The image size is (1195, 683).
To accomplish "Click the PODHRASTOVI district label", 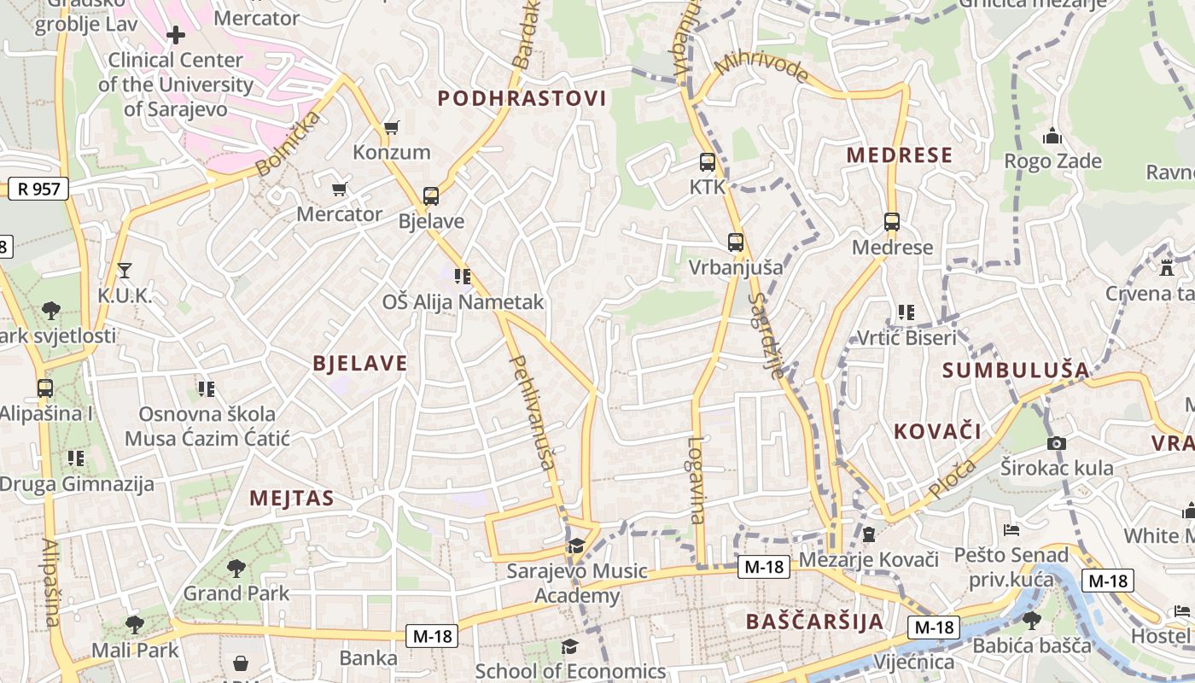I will [522, 98].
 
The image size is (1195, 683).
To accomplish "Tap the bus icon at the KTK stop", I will [707, 162].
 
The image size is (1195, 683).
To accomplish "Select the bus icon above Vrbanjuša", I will [735, 242].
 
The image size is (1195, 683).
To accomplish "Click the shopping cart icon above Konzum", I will [391, 127].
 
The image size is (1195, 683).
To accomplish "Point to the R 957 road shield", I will [38, 189].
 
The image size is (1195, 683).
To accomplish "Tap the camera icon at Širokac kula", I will [1056, 443].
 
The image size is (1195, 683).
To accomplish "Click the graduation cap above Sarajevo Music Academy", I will [577, 546].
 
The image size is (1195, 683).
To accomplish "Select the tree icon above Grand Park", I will [236, 568].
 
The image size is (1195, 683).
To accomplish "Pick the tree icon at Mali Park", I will [134, 625].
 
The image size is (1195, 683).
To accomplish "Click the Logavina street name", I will [697, 480].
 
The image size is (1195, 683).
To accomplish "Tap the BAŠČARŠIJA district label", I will [814, 622].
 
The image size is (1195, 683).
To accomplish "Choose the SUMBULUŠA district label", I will [1016, 371].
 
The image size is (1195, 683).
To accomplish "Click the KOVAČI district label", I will [937, 431].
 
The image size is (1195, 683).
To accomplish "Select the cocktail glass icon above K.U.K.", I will [125, 271].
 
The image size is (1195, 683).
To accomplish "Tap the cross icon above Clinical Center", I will [176, 35].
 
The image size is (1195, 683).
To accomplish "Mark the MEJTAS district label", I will [291, 499].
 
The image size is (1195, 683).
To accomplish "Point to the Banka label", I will [369, 658].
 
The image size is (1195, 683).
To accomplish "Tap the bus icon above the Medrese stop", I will [892, 222].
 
